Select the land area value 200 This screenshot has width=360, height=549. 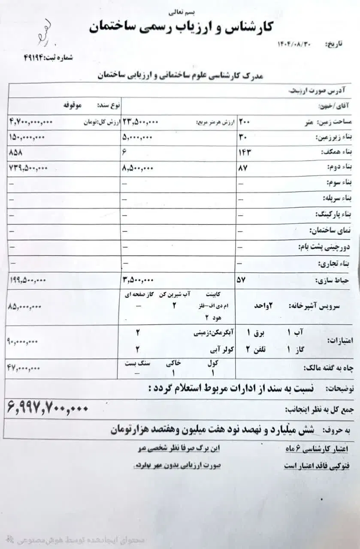(x=244, y=122)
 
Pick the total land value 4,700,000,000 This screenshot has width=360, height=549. (x=30, y=122)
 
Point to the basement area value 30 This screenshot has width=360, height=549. (x=241, y=137)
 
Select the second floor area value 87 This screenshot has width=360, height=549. (x=242, y=168)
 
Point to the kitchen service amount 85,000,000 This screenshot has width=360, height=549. (x=24, y=307)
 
